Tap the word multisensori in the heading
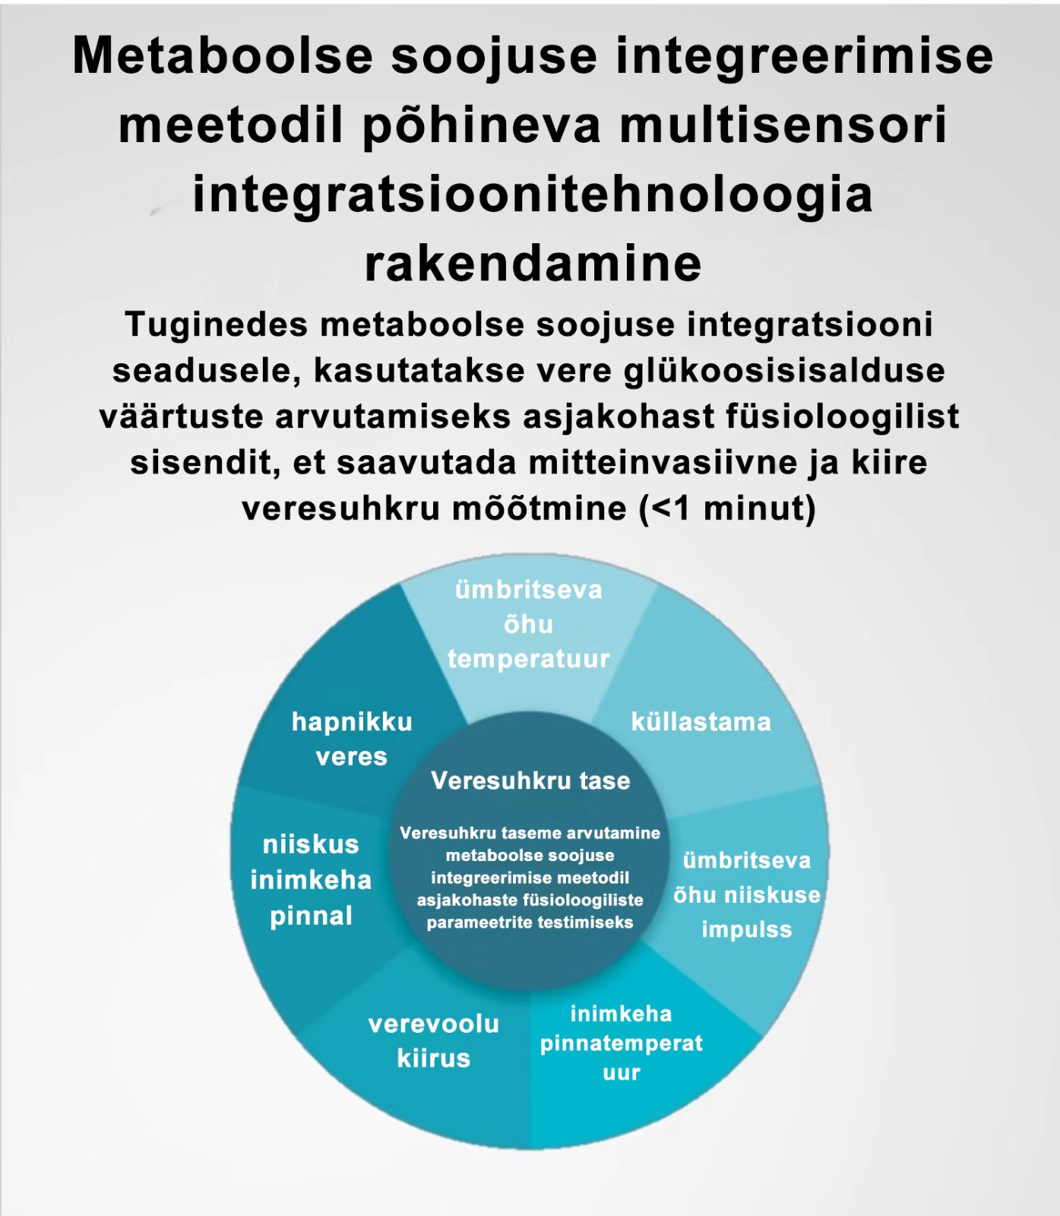783,125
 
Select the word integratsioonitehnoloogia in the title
532,194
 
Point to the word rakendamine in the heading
533,264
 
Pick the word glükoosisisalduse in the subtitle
783,371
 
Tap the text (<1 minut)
727,508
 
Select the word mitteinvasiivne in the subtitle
627,462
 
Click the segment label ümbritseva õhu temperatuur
528,624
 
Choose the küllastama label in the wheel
701,721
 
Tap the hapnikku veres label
352,739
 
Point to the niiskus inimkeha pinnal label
311,879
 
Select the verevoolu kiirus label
433,1040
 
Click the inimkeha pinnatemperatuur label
621,1043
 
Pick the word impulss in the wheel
746,929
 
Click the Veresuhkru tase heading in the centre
530,781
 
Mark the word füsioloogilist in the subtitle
842,416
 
